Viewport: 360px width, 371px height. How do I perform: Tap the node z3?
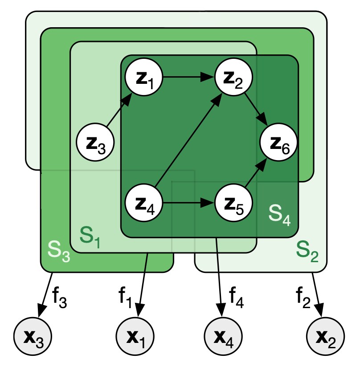pyautogui.click(x=96, y=144)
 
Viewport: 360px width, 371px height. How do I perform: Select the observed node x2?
pyautogui.click(x=326, y=334)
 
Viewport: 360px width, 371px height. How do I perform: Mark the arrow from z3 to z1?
pyautogui.click(x=120, y=111)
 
